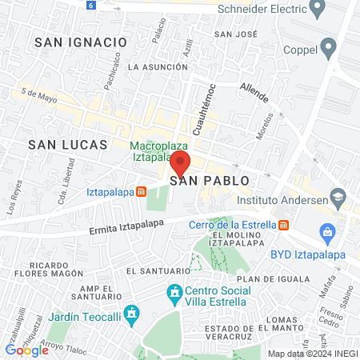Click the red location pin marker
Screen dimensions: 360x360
click(179, 163)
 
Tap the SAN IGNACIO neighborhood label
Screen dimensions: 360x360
click(80, 41)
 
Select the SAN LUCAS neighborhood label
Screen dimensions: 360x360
click(67, 144)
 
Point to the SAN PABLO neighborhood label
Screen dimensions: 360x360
click(205, 181)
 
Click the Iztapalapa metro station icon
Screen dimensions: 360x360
click(142, 192)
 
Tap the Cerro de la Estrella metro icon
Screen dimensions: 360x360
click(284, 226)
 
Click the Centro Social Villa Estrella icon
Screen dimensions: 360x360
click(174, 294)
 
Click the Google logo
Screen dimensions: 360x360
click(26, 350)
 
